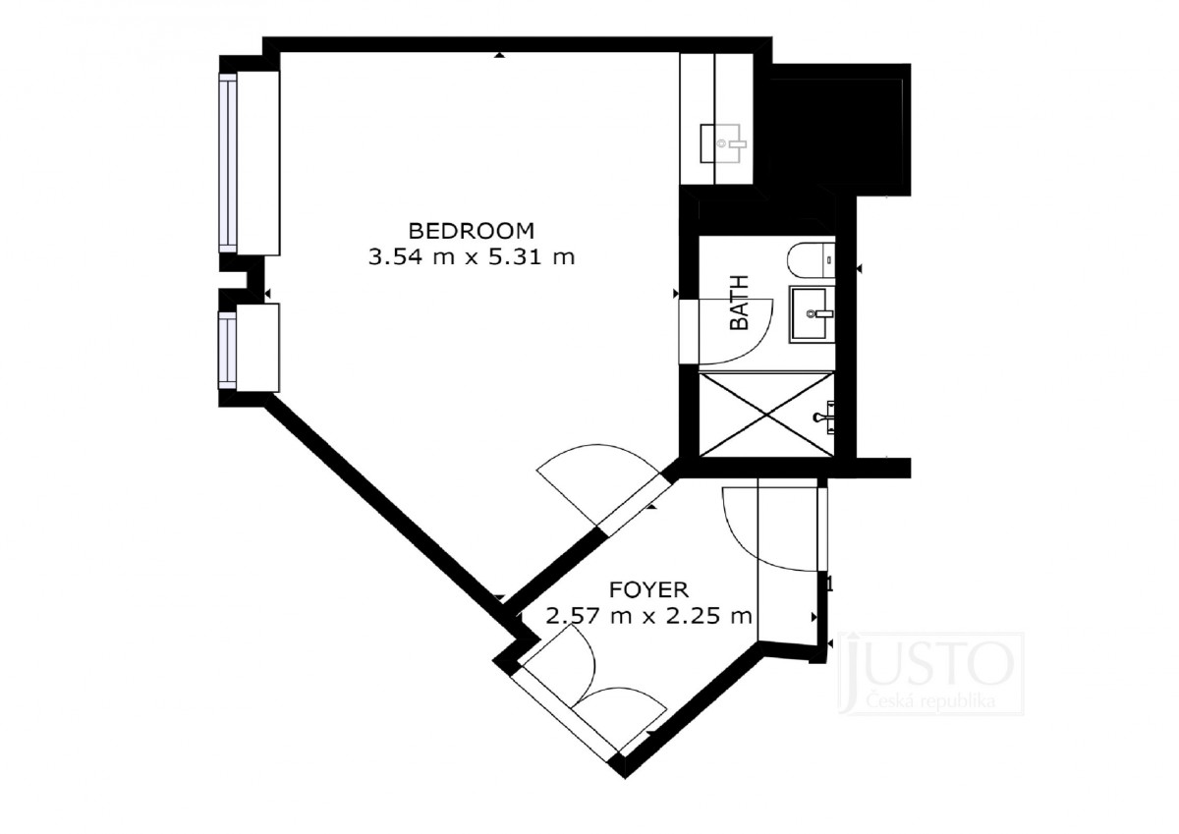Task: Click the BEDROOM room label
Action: pyautogui.click(x=471, y=231)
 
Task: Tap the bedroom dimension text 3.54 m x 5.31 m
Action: pyautogui.click(x=471, y=257)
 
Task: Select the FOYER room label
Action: pyautogui.click(x=648, y=589)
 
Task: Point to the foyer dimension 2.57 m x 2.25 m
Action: pyautogui.click(x=648, y=615)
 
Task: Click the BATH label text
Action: pyautogui.click(x=740, y=303)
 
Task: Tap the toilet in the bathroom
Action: pyautogui.click(x=812, y=260)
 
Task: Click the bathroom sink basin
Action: pyautogui.click(x=812, y=314)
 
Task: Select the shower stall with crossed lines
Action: pyautogui.click(x=766, y=415)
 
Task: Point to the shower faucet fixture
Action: pyautogui.click(x=824, y=417)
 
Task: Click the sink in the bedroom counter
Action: pyautogui.click(x=723, y=143)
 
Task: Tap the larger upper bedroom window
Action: pyautogui.click(x=228, y=163)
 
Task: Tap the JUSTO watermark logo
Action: pyautogui.click(x=930, y=664)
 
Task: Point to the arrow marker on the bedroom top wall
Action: pyautogui.click(x=499, y=55)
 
